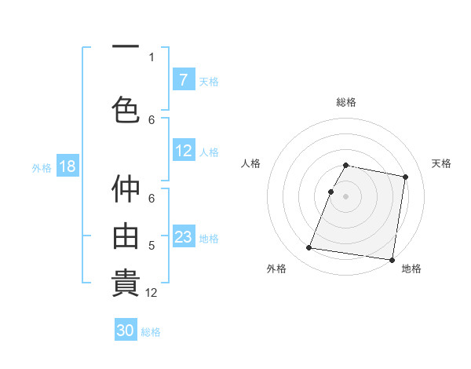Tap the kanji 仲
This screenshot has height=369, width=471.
click(x=126, y=189)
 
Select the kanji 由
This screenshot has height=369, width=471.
click(x=126, y=236)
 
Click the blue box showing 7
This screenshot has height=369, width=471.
click(x=183, y=79)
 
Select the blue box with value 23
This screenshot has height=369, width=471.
click(x=183, y=236)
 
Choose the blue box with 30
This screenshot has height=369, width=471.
click(x=126, y=331)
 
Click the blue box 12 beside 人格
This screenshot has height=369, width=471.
click(x=183, y=151)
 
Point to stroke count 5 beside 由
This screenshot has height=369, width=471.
click(x=152, y=246)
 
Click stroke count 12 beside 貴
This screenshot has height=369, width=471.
click(x=152, y=292)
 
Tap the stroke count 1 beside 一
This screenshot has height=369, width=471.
click(x=152, y=57)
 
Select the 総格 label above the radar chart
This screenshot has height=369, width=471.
click(x=346, y=102)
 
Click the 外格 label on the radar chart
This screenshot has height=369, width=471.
click(x=276, y=269)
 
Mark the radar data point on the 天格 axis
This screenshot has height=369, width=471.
click(x=405, y=177)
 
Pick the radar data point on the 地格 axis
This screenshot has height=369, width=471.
click(x=391, y=259)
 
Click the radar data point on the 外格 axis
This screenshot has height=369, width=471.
click(x=309, y=248)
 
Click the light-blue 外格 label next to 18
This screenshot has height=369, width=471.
click(x=41, y=167)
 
